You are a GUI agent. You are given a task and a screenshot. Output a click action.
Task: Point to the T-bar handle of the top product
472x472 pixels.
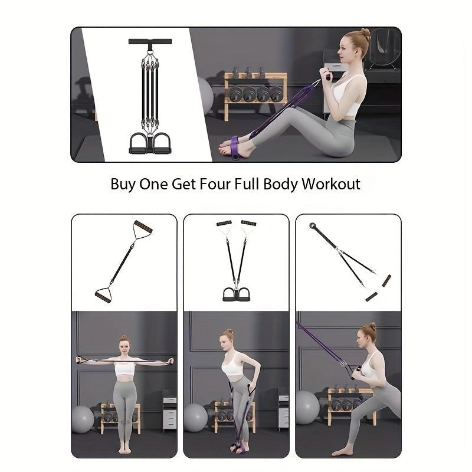pyautogui.click(x=150, y=41)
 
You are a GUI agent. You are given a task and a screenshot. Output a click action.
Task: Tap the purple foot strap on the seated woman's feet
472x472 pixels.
pyautogui.click(x=235, y=147)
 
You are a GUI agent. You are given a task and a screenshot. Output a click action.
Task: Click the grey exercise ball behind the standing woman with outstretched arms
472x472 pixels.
pyautogui.click(x=82, y=419)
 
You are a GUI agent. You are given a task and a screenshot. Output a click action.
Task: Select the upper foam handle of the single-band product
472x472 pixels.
pyautogui.click(x=143, y=227)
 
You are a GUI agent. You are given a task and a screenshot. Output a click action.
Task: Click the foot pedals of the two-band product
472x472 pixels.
pyautogui.click(x=237, y=294)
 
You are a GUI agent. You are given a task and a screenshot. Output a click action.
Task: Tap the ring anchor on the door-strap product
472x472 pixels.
pyautogui.click(x=313, y=225)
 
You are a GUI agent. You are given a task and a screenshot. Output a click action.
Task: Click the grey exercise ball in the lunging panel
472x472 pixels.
pyautogui.click(x=307, y=407)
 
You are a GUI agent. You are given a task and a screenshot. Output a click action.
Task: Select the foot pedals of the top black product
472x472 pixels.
pyautogui.click(x=150, y=144)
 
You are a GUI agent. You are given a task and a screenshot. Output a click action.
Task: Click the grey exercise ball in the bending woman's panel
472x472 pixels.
pyautogui.click(x=196, y=418)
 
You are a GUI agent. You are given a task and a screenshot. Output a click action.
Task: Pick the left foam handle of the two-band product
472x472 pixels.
pyautogui.click(x=224, y=224)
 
